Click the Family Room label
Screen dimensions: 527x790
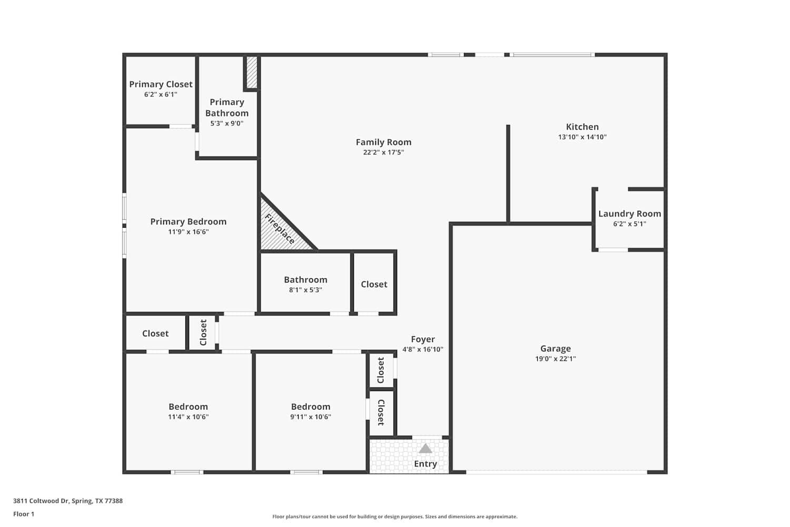(383, 142)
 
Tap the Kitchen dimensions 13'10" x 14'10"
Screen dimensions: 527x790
(582, 137)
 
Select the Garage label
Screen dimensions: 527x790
(555, 348)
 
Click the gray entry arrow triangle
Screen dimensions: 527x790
(426, 448)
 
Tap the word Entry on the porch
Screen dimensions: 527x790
(425, 464)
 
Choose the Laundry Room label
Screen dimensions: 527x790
(629, 213)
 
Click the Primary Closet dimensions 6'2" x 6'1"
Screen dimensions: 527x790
(161, 95)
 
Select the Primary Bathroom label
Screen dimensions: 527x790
(226, 108)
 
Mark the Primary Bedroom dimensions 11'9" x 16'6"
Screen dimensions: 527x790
(188, 232)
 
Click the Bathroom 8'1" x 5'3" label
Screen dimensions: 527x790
(305, 280)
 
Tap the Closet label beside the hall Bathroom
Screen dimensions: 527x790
(374, 284)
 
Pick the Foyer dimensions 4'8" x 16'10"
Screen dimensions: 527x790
(422, 349)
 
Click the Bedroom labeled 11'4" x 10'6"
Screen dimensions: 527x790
(188, 407)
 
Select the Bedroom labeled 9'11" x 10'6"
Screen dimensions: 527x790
(311, 407)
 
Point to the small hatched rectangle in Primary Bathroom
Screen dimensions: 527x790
(252, 72)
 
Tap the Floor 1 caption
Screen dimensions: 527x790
(24, 514)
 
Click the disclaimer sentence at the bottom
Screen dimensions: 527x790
(394, 516)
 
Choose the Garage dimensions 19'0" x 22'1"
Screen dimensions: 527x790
(555, 359)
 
